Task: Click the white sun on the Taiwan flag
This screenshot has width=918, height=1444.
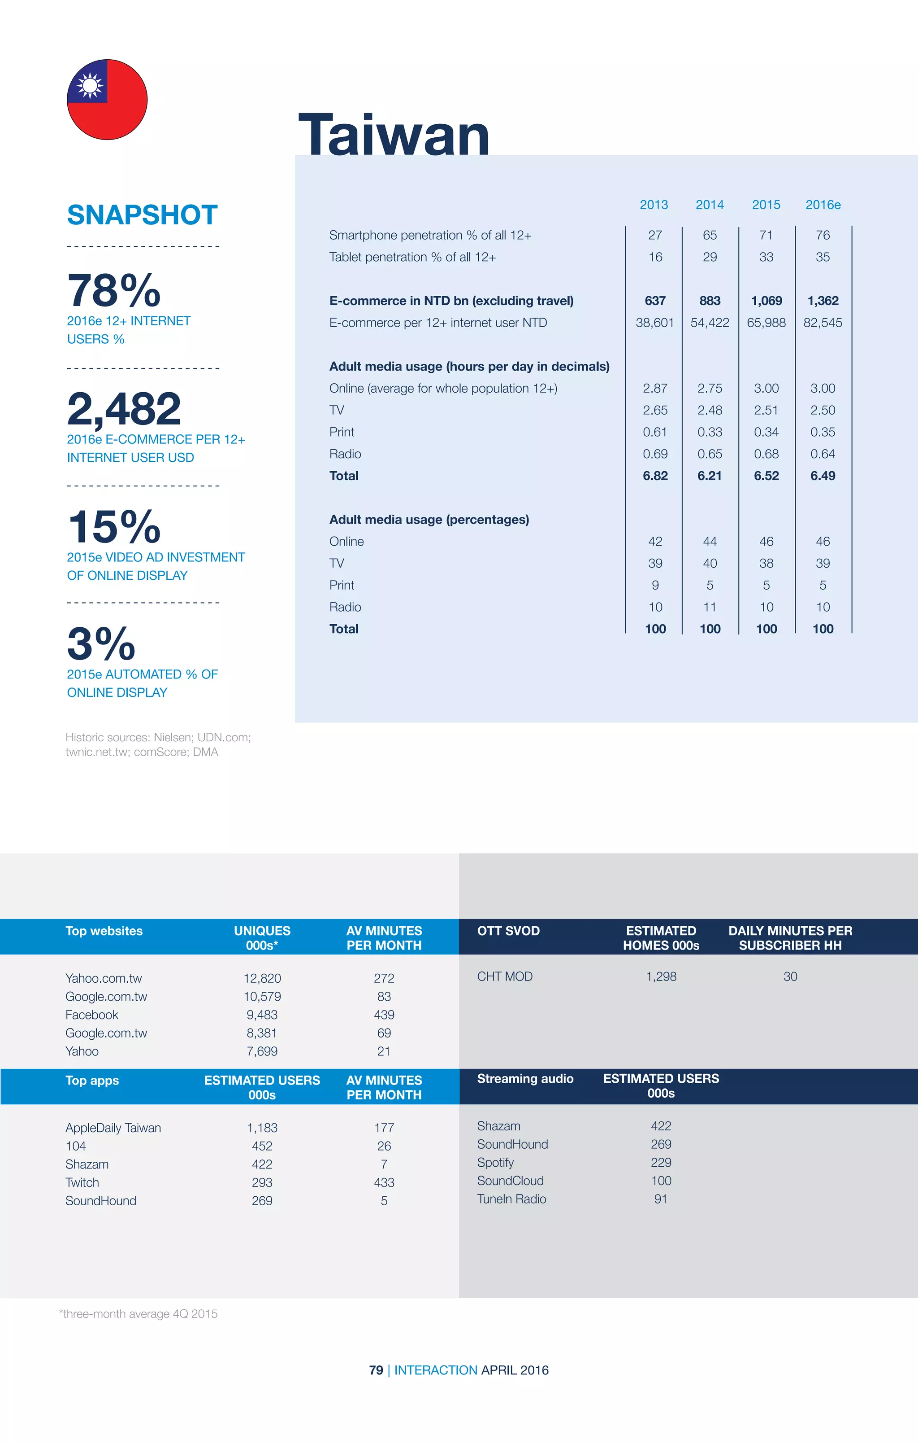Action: point(91,85)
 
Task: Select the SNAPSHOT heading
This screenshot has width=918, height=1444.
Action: point(142,214)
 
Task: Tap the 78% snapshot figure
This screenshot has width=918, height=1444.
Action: point(114,291)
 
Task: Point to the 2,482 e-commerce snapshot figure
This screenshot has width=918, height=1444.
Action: point(124,408)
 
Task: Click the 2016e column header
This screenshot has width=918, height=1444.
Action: point(823,205)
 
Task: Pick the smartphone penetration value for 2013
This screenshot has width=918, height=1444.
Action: point(655,235)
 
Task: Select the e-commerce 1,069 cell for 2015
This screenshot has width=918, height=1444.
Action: point(766,301)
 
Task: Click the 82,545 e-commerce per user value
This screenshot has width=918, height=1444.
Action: point(823,323)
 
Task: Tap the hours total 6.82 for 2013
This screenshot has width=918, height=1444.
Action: point(655,476)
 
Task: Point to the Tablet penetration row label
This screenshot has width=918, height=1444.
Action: point(412,257)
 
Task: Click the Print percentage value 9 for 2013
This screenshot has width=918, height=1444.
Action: point(655,585)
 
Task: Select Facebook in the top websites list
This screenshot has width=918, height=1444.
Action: point(92,1015)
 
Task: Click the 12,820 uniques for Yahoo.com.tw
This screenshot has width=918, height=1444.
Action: point(262,978)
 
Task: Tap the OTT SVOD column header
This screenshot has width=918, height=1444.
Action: point(508,931)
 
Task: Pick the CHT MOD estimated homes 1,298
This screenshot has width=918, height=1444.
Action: point(661,976)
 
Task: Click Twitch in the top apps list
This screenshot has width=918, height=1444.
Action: point(82,1182)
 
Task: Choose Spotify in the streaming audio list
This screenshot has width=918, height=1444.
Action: point(496,1162)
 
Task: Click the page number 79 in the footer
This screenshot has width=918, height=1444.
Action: point(376,1370)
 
